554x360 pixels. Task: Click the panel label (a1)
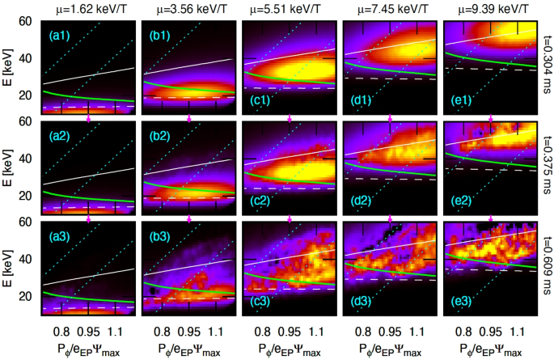click(59, 36)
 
